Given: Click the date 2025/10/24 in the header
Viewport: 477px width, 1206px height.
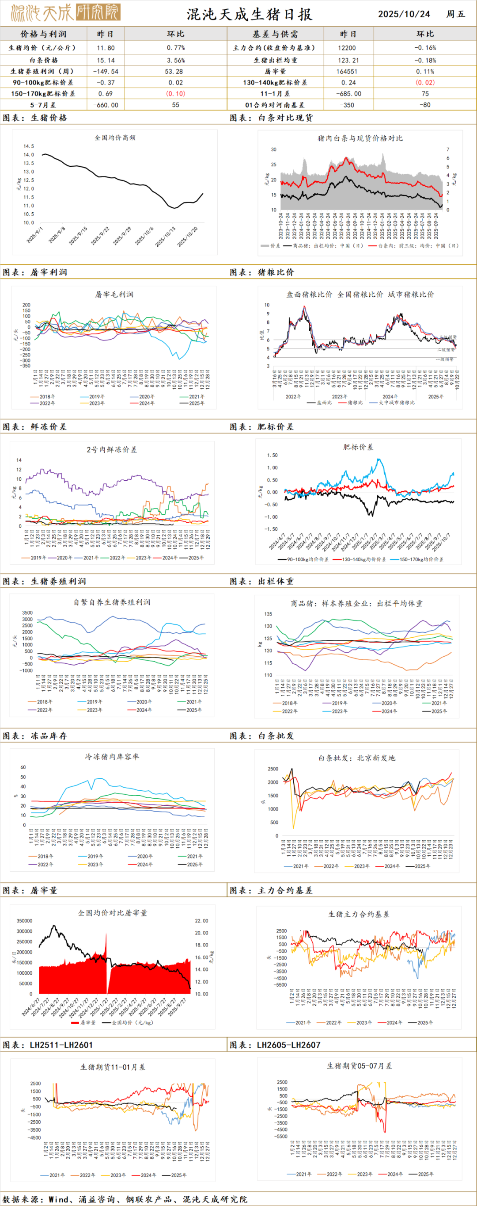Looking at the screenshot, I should tap(404, 14).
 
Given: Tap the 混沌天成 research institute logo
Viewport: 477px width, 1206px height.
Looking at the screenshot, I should tap(65, 13).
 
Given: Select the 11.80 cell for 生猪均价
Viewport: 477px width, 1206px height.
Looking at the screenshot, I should tap(105, 48).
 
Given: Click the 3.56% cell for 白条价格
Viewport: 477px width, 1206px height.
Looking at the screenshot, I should tap(175, 61).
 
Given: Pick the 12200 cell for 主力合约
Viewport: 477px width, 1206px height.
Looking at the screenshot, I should tap(347, 48).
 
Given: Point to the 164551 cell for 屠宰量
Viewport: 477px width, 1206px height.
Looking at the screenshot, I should tap(347, 72).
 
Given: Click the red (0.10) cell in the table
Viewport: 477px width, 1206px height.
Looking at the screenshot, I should tap(175, 94).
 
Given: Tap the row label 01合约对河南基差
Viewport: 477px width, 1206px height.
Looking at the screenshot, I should tap(275, 105).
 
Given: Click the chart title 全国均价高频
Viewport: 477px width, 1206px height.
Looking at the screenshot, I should tap(115, 138).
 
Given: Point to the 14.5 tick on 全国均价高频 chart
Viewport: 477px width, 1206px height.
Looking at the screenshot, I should tap(29, 146).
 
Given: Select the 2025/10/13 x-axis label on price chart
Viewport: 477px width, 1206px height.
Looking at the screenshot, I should tap(166, 237).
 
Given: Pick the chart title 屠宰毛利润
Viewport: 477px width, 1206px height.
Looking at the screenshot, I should tap(114, 295).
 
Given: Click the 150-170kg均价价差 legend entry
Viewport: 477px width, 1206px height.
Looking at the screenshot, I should tap(421, 559).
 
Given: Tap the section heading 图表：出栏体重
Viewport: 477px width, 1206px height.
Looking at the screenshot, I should tap(262, 582).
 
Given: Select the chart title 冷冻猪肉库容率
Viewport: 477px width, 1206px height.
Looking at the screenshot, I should tap(112, 757).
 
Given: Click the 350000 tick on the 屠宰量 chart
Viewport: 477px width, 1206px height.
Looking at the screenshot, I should tap(24, 921).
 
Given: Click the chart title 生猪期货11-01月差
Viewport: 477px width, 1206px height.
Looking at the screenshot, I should tap(113, 1067).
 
